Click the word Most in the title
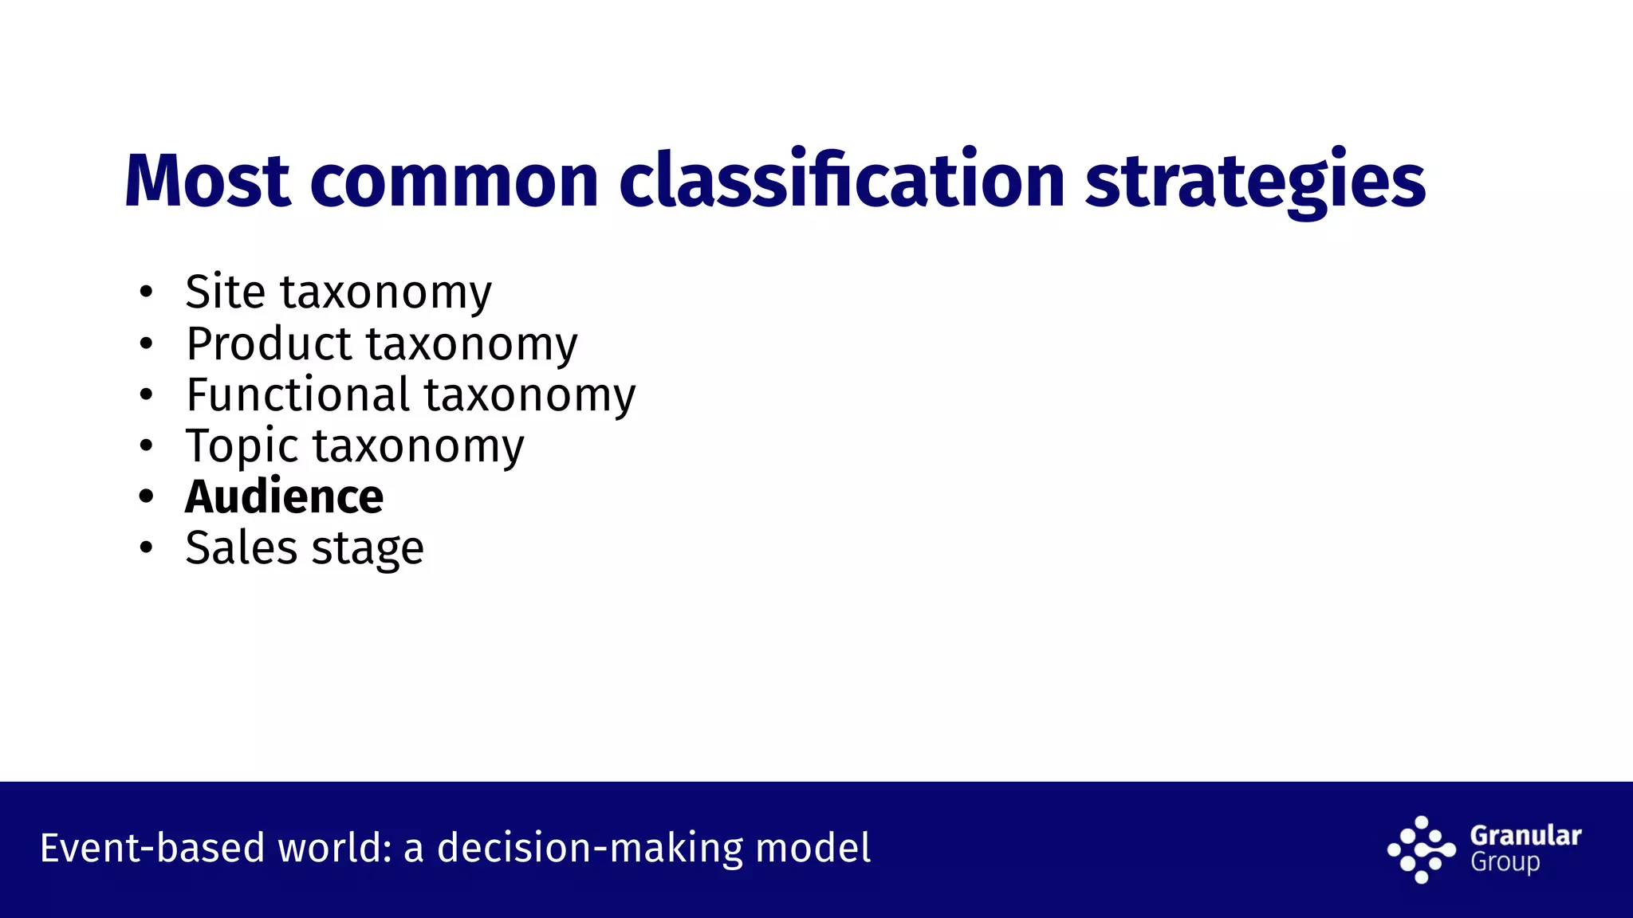pyautogui.click(x=207, y=182)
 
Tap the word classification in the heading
pyautogui.click(x=841, y=182)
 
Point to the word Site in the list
pyautogui.click(x=225, y=292)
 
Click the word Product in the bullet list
pyautogui.click(x=268, y=343)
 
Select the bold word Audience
pyautogui.click(x=284, y=496)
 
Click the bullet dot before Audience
pyautogui.click(x=145, y=496)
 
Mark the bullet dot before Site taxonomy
pyautogui.click(x=145, y=292)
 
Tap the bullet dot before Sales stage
pyautogui.click(x=145, y=548)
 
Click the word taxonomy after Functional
pyautogui.click(x=530, y=396)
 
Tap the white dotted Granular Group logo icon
pyautogui.click(x=1421, y=849)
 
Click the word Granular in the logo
pyautogui.click(x=1525, y=835)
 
